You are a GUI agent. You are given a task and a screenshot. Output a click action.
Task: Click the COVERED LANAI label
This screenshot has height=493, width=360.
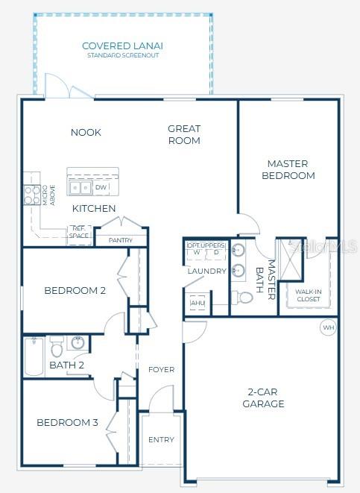[122, 46]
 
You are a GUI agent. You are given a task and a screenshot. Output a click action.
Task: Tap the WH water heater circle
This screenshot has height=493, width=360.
[328, 327]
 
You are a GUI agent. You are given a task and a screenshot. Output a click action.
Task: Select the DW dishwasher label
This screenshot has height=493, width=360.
[101, 187]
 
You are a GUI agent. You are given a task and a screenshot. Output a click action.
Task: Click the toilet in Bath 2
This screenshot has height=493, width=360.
[57, 348]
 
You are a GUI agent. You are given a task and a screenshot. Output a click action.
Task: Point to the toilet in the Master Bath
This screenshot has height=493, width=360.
[244, 298]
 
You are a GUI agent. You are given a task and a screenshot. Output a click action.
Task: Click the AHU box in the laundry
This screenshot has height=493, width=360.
[198, 304]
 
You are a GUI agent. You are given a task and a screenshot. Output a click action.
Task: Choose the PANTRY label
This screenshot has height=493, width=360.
[121, 240]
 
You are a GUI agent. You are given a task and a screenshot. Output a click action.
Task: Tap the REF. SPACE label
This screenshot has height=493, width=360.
[79, 233]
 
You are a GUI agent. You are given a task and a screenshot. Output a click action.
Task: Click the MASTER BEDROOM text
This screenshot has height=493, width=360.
[291, 169]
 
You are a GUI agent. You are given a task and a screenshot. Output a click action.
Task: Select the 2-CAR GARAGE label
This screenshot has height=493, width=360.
[263, 398]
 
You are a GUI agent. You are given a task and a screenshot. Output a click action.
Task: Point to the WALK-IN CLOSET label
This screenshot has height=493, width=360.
[308, 295]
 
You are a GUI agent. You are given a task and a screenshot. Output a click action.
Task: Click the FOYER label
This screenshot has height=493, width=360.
[161, 369]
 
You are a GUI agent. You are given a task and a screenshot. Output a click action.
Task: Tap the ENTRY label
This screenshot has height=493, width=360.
[161, 439]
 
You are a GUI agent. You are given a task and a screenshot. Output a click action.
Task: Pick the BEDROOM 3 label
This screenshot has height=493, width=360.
[67, 422]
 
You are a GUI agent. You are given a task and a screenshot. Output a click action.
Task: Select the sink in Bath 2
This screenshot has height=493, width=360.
[78, 343]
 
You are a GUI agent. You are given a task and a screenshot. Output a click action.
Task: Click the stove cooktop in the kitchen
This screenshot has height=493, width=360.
[32, 195]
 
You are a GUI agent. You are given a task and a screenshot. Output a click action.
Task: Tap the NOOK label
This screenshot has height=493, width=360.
[86, 133]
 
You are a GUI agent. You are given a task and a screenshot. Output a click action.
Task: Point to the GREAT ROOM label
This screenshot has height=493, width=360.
[183, 134]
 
